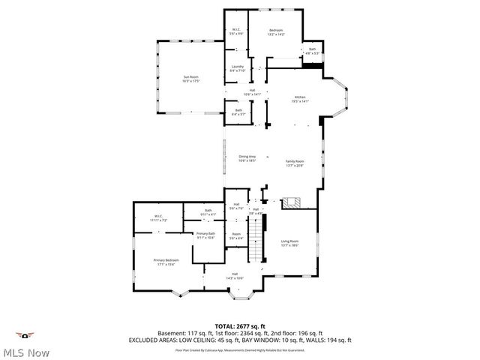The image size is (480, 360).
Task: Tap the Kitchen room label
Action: (x=300, y=98)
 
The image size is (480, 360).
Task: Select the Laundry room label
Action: (x=237, y=68)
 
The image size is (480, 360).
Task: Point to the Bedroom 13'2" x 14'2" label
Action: (x=277, y=32)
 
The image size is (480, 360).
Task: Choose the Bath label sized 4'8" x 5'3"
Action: (x=312, y=51)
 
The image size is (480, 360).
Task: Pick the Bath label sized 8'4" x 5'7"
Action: (x=238, y=112)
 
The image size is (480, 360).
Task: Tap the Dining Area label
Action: (x=247, y=158)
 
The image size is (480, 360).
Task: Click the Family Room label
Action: (x=294, y=163)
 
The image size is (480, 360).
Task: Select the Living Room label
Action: (x=289, y=243)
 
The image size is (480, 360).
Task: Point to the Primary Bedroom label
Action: (x=166, y=262)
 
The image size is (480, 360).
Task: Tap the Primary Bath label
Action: (x=205, y=235)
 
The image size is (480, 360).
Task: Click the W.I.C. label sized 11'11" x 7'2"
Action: (x=158, y=218)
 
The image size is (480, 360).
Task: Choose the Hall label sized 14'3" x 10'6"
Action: (x=235, y=275)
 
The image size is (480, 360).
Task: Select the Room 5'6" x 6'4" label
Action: (x=236, y=236)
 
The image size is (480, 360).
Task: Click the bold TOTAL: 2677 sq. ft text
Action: (x=239, y=326)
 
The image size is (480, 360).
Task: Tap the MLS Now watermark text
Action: (x=25, y=352)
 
